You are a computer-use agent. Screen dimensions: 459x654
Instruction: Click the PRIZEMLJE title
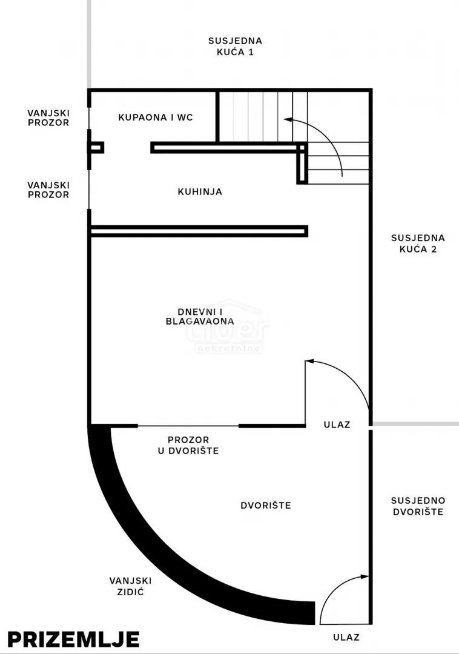(x=73, y=639)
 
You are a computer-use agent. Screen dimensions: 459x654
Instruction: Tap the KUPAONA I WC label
(x=156, y=117)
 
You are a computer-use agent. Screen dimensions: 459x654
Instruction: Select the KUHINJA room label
(x=200, y=192)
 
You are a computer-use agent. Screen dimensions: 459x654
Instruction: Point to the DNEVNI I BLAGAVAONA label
(x=200, y=317)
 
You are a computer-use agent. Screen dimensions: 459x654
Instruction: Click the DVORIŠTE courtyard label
(x=266, y=505)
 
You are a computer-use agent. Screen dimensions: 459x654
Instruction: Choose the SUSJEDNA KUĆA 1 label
(x=235, y=46)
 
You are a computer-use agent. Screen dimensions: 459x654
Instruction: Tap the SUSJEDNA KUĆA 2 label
(x=418, y=243)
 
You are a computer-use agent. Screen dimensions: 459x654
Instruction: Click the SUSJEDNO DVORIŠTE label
(x=418, y=506)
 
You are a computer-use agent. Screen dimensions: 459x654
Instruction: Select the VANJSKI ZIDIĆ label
(x=130, y=586)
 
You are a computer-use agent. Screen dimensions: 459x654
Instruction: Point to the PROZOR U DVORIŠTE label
(x=188, y=445)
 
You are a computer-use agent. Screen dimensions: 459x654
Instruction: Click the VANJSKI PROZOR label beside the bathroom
(x=48, y=117)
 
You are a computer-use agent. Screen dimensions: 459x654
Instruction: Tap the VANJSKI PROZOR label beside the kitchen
(x=48, y=190)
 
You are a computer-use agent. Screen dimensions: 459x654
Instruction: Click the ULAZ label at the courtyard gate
(x=346, y=637)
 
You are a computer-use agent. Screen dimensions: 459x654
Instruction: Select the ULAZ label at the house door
(x=337, y=424)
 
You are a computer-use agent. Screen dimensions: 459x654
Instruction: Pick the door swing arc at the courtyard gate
(x=334, y=589)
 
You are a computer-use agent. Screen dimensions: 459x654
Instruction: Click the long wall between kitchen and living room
(x=199, y=231)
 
